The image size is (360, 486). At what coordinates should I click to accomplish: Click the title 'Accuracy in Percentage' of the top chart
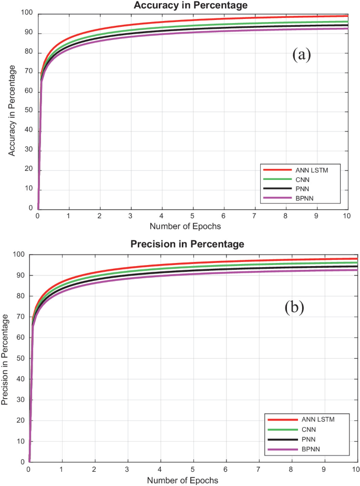190,5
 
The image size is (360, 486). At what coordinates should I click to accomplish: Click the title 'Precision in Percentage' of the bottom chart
190,244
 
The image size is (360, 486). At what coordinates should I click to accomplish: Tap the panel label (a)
302,55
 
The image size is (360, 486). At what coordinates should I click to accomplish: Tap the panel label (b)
294,307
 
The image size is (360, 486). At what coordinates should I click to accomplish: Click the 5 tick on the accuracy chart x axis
193,216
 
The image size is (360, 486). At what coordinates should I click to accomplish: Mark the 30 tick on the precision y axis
22,400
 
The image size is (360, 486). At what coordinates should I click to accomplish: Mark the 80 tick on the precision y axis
22,296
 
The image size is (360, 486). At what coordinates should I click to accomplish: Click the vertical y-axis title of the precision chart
5,359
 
